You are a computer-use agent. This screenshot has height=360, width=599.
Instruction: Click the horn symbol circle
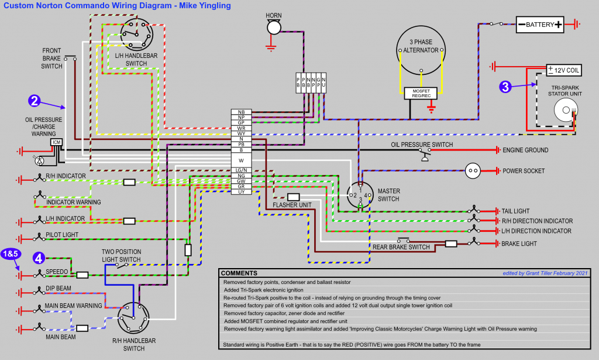pyautogui.click(x=274, y=27)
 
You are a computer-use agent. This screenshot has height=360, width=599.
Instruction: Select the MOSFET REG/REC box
pyautogui.click(x=421, y=93)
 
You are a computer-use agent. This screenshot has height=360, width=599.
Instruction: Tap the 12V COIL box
pyautogui.click(x=564, y=70)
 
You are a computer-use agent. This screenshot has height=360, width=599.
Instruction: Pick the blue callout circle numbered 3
pyautogui.click(x=506, y=87)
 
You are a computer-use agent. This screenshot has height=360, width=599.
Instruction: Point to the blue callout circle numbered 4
pyautogui.click(x=38, y=257)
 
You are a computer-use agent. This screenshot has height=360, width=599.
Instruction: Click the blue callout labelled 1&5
pyautogui.click(x=11, y=253)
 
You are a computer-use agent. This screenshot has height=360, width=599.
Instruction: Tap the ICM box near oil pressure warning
pyautogui.click(x=57, y=142)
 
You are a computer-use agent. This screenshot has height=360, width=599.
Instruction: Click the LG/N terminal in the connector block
pyautogui.click(x=241, y=170)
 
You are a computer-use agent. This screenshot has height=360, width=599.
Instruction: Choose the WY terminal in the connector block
pyautogui.click(x=241, y=133)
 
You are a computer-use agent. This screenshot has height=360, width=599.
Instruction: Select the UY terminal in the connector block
pyautogui.click(x=241, y=191)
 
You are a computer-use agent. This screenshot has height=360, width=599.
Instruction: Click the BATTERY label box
pyautogui.click(x=540, y=25)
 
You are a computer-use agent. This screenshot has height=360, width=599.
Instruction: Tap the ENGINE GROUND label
pyautogui.click(x=525, y=150)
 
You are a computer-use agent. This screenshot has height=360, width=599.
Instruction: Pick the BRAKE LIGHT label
pyautogui.click(x=519, y=243)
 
